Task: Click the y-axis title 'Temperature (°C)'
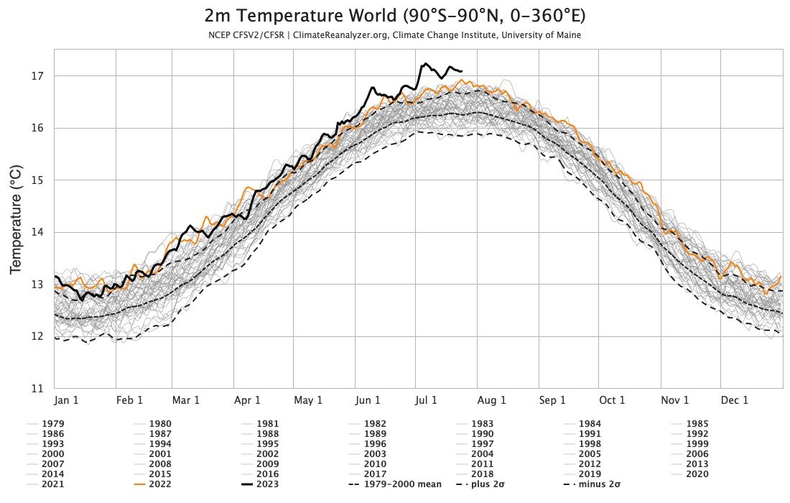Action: [17, 218]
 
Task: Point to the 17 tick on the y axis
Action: [38, 76]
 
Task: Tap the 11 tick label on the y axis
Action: [38, 389]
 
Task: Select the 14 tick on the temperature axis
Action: [38, 232]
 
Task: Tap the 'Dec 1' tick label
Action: [734, 400]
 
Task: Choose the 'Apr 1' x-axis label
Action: [247, 400]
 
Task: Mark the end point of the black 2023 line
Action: [462, 71]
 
